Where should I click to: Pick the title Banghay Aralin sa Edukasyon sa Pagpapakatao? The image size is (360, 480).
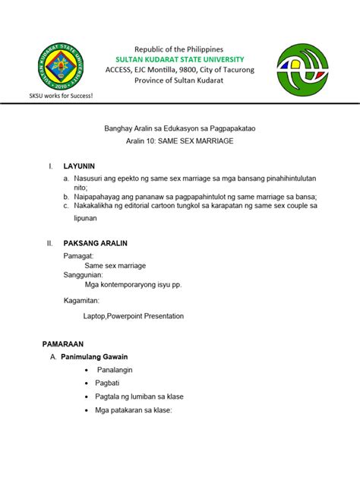tap(180, 130)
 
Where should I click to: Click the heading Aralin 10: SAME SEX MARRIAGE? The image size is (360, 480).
tap(180, 142)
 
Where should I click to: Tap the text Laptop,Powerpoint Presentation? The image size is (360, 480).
tap(133, 316)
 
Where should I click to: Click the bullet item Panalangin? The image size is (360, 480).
tap(115, 369)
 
